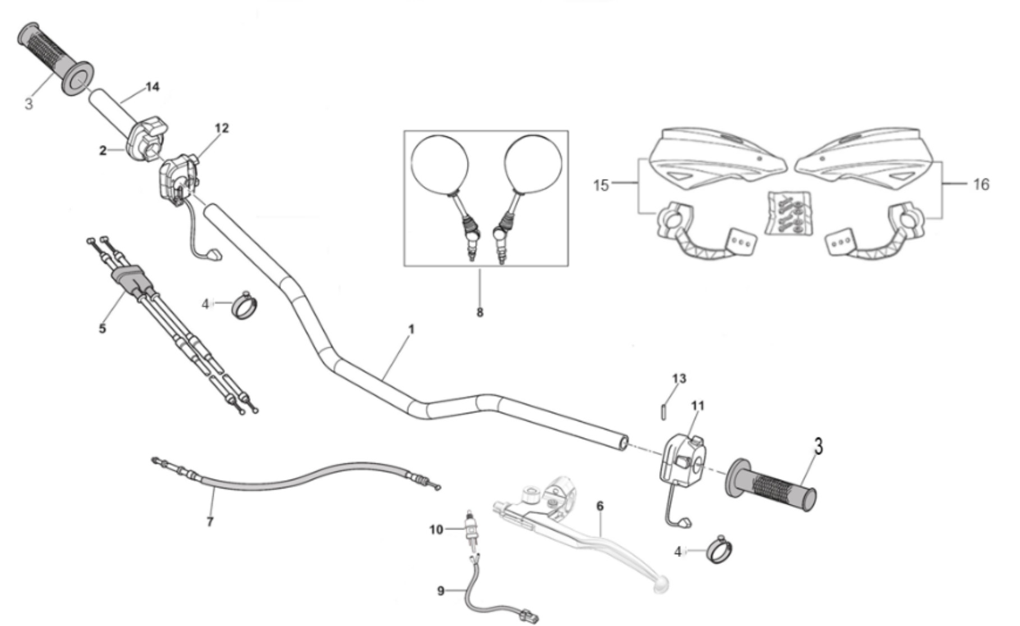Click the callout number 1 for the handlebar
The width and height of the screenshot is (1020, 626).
coord(411,329)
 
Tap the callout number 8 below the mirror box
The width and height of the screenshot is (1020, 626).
coord(480,312)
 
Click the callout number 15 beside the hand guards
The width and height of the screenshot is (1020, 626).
coord(601,185)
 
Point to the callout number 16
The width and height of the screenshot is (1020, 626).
coord(981,184)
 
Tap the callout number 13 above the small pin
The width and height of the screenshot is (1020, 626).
coord(679,379)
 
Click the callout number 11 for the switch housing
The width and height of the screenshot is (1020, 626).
coord(697,405)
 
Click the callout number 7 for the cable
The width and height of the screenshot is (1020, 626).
coord(210,522)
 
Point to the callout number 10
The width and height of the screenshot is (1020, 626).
coord(436,530)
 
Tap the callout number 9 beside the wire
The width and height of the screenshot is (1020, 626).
coord(440,591)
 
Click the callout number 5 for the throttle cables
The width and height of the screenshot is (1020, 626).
coord(102,328)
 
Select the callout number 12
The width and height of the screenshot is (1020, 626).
coord(222,128)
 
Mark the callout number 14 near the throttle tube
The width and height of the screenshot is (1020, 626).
coord(152,87)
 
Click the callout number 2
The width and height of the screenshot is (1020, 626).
coord(103,150)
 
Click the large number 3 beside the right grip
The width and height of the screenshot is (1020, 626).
coord(819,447)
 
